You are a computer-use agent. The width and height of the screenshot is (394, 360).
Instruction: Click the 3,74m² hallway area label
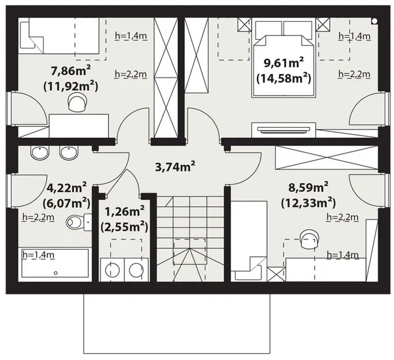click(x=175, y=167)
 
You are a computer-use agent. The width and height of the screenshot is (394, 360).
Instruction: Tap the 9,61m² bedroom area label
click(x=284, y=63)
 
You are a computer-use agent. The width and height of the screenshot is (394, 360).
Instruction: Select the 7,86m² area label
click(x=70, y=72)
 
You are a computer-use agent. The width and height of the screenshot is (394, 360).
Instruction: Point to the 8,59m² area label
click(x=308, y=187)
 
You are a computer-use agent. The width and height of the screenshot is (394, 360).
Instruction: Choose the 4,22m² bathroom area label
click(x=67, y=187)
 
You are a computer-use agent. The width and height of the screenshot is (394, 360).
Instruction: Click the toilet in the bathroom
click(x=79, y=222)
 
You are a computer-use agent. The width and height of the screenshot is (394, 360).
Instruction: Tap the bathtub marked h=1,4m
click(x=55, y=263)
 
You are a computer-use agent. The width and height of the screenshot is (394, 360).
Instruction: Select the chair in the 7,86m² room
click(x=78, y=102)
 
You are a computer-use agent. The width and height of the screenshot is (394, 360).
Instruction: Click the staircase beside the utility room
click(x=191, y=239)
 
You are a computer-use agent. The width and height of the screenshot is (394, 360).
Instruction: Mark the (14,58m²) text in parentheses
click(x=284, y=79)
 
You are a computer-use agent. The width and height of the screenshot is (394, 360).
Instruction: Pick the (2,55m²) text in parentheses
click(x=125, y=227)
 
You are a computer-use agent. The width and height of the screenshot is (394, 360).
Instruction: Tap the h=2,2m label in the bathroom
click(x=38, y=217)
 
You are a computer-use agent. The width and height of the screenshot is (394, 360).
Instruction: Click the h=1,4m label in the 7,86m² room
click(x=131, y=36)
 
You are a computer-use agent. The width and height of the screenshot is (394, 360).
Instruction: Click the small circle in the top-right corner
click(x=374, y=21)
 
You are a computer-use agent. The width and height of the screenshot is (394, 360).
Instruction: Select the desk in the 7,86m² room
click(x=79, y=126)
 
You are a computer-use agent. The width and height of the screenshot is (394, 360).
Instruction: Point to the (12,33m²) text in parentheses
click(x=308, y=203)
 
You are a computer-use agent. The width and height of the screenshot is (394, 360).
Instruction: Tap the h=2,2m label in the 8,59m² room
click(x=343, y=217)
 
